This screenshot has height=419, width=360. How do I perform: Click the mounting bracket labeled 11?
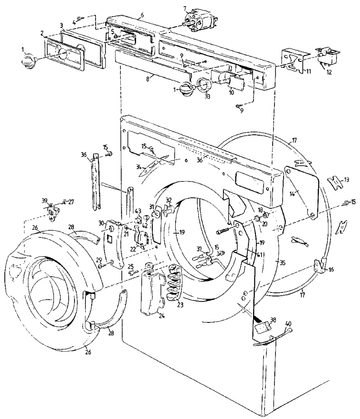[x=294, y=61]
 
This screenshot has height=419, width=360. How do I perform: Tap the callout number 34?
[x=138, y=166]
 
